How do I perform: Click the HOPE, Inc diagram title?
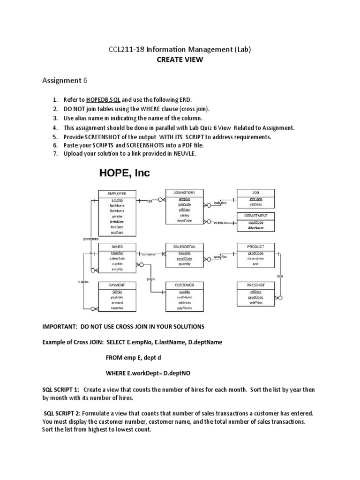coord(124,173)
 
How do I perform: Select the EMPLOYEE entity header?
coord(116,193)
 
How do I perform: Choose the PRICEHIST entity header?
coord(255,285)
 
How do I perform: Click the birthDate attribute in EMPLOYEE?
coord(117,222)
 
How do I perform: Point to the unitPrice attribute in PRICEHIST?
coord(255,303)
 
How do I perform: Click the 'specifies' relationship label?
coord(220,257)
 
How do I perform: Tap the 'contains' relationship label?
coord(148,254)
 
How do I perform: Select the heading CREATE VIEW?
coord(180,60)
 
